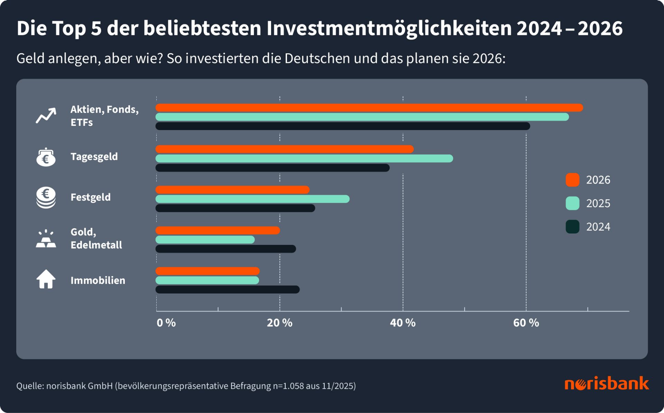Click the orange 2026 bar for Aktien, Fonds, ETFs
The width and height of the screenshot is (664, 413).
point(369,108)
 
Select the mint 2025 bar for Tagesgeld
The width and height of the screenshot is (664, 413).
point(304,158)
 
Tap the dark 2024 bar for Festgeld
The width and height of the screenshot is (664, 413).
point(235,208)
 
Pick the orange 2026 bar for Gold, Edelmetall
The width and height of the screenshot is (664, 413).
point(218,230)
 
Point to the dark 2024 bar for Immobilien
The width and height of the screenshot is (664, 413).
point(228,290)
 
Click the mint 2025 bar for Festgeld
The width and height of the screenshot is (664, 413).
point(252,199)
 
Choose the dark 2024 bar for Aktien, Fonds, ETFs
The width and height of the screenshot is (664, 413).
point(342,126)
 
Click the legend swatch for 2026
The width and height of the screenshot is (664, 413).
point(572,180)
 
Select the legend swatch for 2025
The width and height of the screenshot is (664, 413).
point(572,203)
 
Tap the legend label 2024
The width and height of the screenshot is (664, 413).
point(598,227)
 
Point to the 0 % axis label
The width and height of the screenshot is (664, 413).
point(166,323)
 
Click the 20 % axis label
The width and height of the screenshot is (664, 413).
point(279,323)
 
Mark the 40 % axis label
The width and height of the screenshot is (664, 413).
point(403,323)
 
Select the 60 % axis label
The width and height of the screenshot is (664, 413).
point(526,323)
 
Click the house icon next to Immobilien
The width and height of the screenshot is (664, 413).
point(46,279)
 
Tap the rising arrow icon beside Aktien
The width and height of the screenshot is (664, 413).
point(46,116)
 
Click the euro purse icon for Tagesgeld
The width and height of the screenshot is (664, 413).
point(46,157)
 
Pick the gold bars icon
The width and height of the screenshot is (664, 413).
point(46,239)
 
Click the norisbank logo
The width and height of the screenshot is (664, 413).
point(607,384)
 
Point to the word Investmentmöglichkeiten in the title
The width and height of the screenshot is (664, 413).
point(389,28)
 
